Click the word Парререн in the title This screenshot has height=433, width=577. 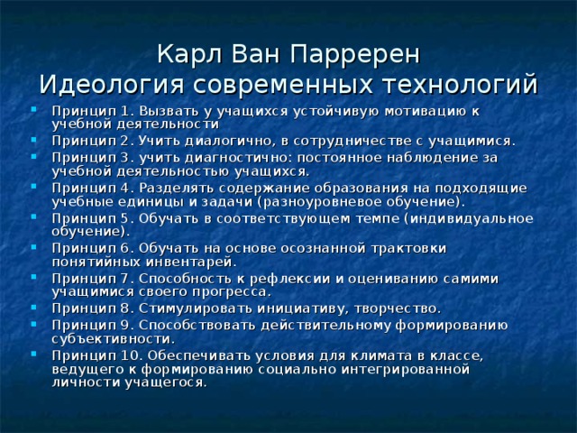[364, 53]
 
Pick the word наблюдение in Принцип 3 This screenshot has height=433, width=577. [426, 157]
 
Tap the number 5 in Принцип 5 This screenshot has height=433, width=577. [114, 217]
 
